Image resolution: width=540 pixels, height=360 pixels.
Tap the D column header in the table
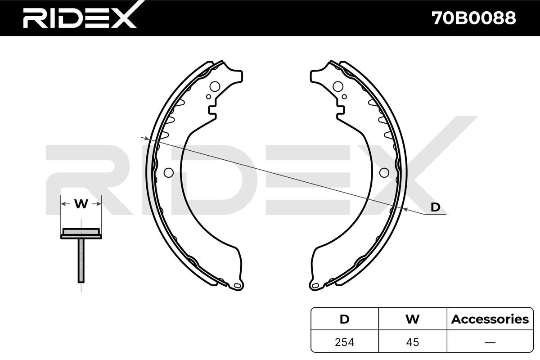(x=345, y=319)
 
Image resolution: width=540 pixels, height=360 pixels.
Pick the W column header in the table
(x=413, y=319)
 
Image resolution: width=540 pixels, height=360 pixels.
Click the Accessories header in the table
(x=490, y=319)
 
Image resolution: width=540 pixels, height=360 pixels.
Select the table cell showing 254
(x=345, y=342)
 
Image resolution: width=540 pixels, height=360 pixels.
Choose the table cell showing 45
(x=413, y=342)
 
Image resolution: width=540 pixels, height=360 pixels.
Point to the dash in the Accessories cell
(x=490, y=342)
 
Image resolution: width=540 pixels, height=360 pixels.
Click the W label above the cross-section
(x=81, y=204)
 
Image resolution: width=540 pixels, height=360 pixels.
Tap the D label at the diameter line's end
(x=436, y=207)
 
